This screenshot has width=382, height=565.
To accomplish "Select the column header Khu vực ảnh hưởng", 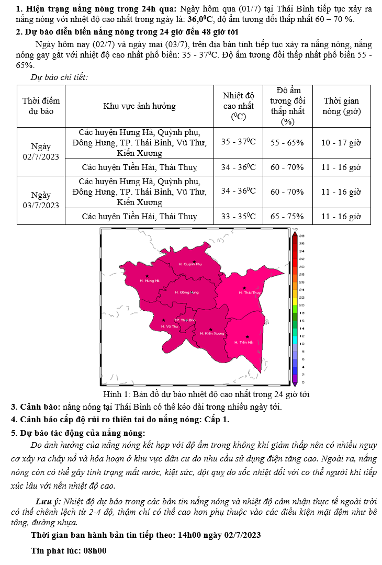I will pos(139,106).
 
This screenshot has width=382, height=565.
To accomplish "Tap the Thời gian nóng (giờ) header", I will pos(341,106).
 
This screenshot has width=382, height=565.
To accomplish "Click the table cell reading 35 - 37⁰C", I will pos(238,142).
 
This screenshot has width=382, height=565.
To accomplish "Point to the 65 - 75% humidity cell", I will pos(287,216).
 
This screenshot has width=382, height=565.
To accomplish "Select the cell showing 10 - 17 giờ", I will pos(341,142).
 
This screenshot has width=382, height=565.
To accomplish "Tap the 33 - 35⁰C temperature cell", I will pos(238,216).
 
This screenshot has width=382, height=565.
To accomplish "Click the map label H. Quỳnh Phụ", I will pos(190,265).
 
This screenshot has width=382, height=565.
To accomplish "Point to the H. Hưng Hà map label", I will pos(149,281).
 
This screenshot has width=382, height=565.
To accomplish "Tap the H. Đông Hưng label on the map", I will pos(187,292).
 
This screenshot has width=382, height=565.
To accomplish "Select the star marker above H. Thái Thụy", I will pos(244,288).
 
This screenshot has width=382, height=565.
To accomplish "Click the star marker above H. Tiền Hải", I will pos(247,337).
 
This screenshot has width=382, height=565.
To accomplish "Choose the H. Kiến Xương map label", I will pos(212,333).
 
